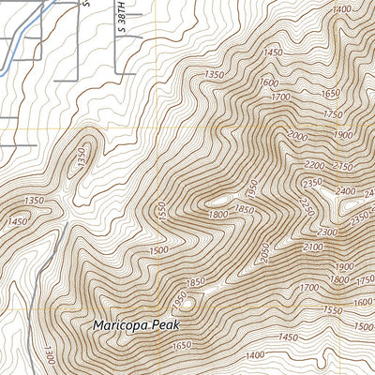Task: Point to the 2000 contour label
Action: pos(297,137)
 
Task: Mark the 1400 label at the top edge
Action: pos(341,8)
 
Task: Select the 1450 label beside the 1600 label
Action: pos(273,53)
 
